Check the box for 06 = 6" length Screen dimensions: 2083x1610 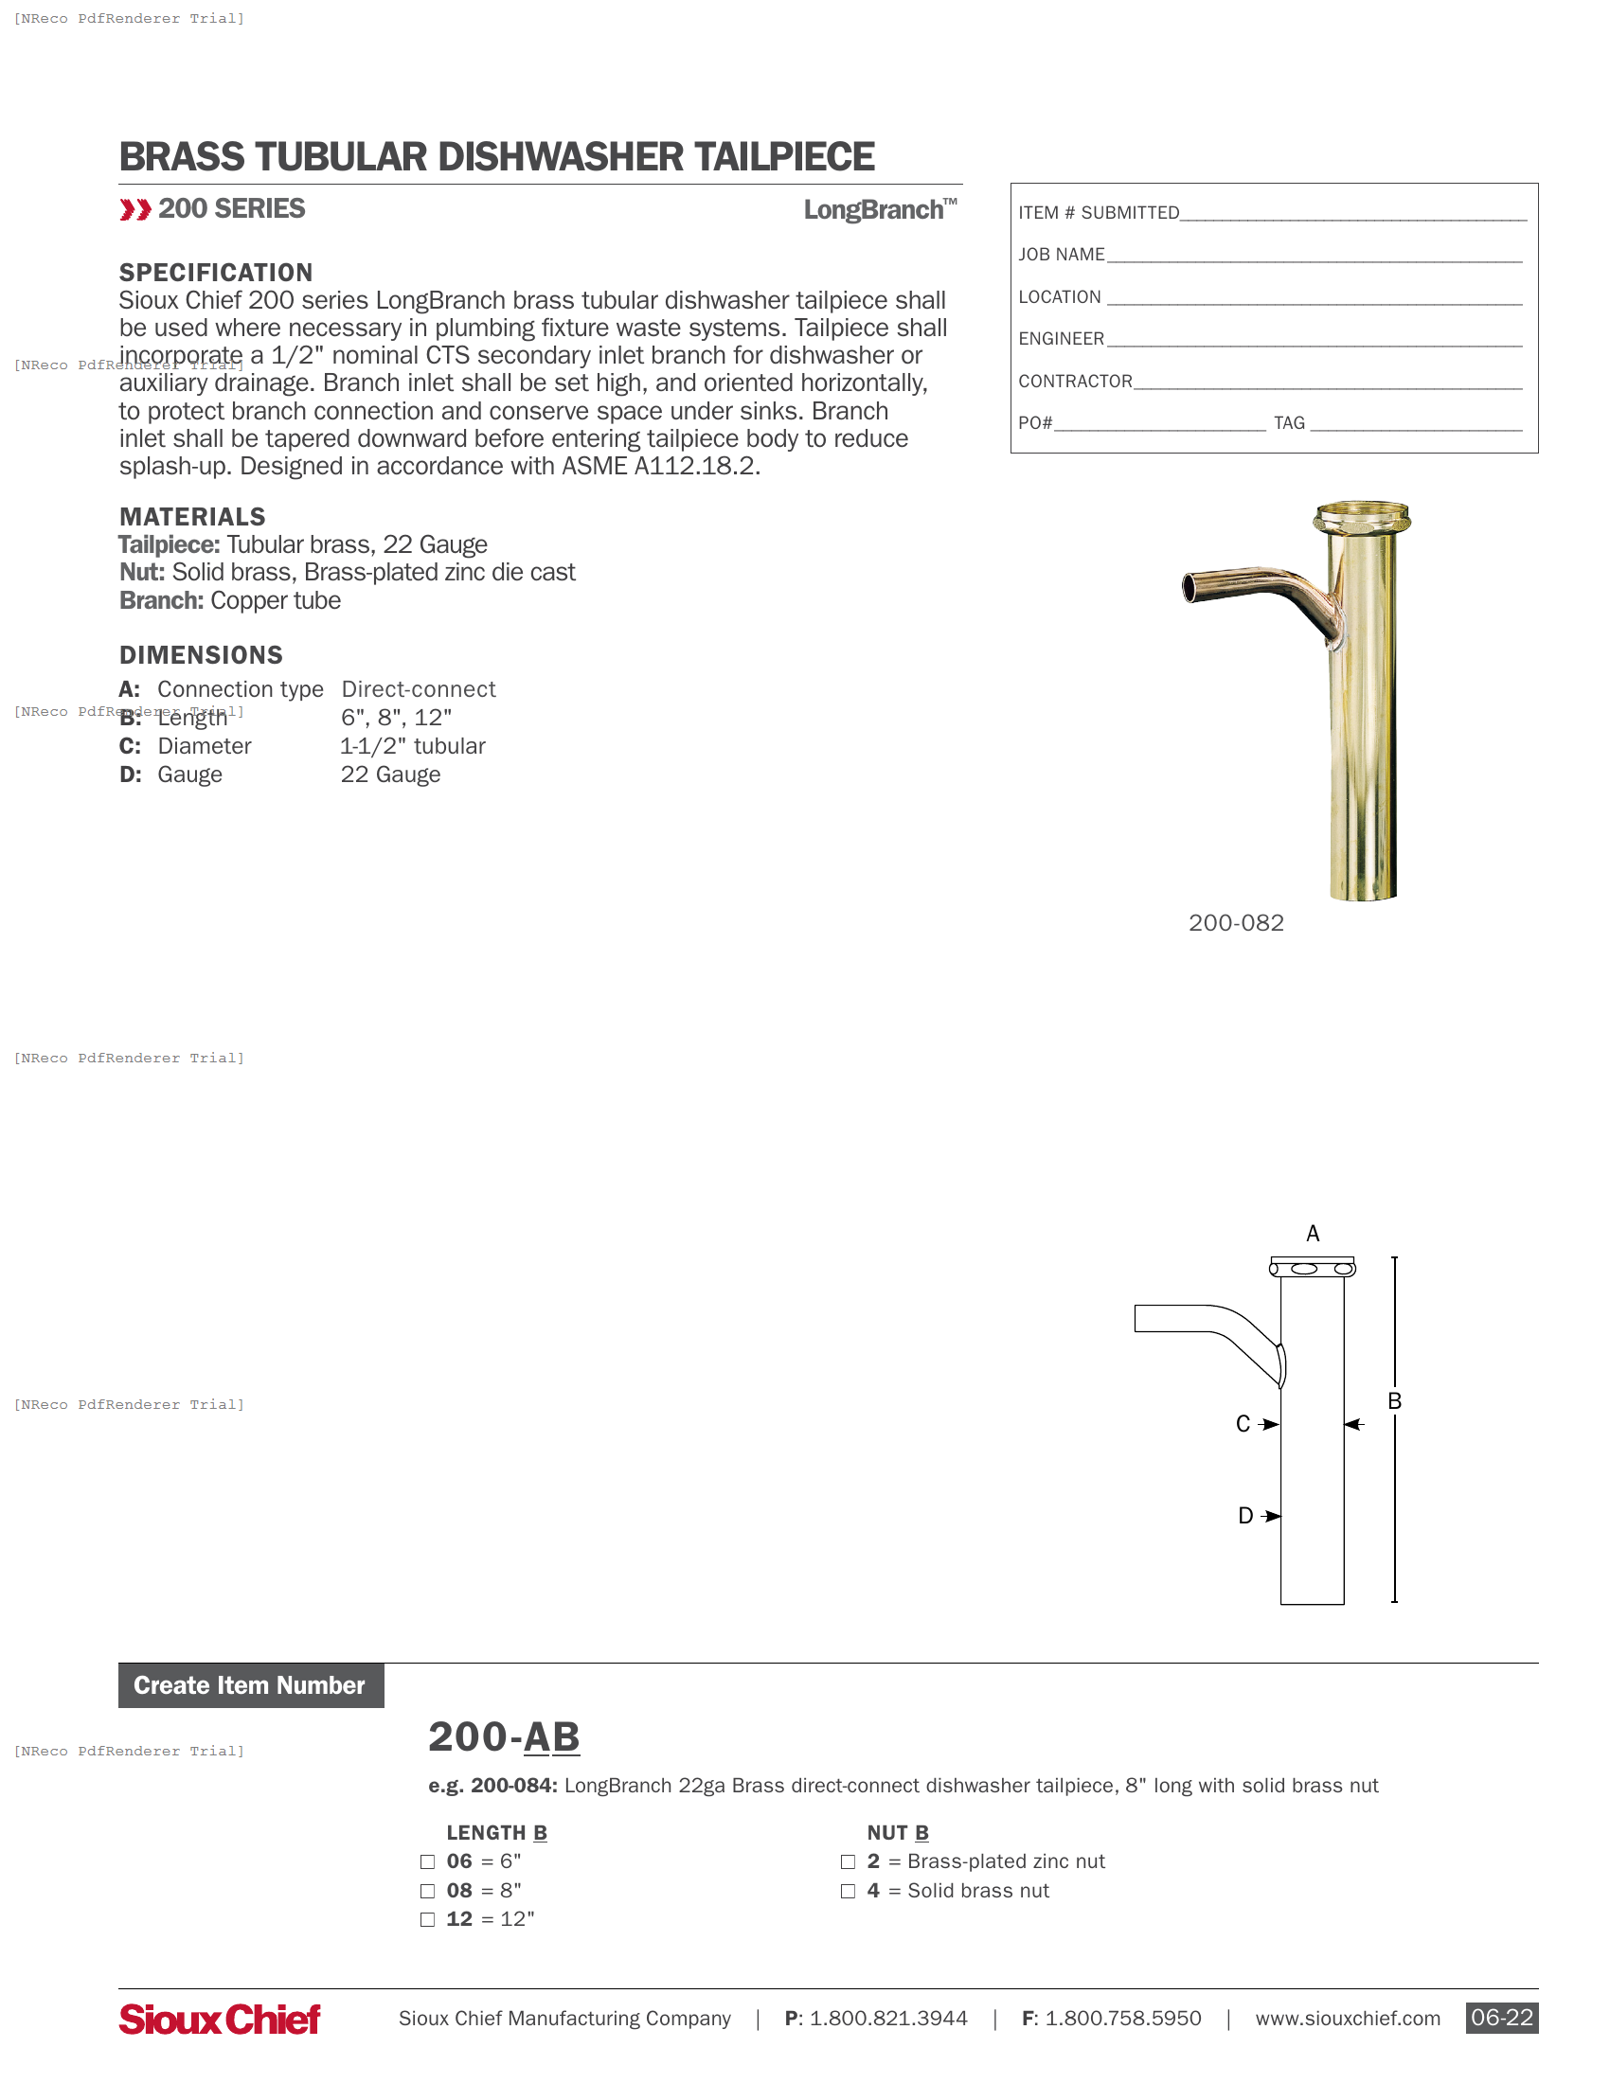click(x=427, y=1861)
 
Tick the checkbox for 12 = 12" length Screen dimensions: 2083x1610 click(x=427, y=1919)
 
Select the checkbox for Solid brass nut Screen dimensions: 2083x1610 click(x=848, y=1891)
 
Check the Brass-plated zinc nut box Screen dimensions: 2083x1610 click(x=848, y=1861)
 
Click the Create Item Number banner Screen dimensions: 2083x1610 click(x=250, y=1685)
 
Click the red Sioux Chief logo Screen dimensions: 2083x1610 click(x=220, y=2019)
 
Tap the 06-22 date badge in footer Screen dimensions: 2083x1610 click(x=1501, y=2017)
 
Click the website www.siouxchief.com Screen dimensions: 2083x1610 click(x=1347, y=2019)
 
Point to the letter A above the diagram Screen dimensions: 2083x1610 click(x=1313, y=1233)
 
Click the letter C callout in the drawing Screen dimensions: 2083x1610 click(x=1243, y=1424)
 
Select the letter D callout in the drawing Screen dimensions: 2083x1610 click(x=1244, y=1516)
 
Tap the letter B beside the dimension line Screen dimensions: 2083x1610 click(x=1394, y=1401)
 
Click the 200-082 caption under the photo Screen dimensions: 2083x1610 click(x=1236, y=922)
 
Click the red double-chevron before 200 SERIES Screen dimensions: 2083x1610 click(x=134, y=210)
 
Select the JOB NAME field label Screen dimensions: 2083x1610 click(x=1061, y=255)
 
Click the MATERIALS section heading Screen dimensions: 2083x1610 click(x=191, y=517)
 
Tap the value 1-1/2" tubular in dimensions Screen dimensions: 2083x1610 click(x=413, y=746)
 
